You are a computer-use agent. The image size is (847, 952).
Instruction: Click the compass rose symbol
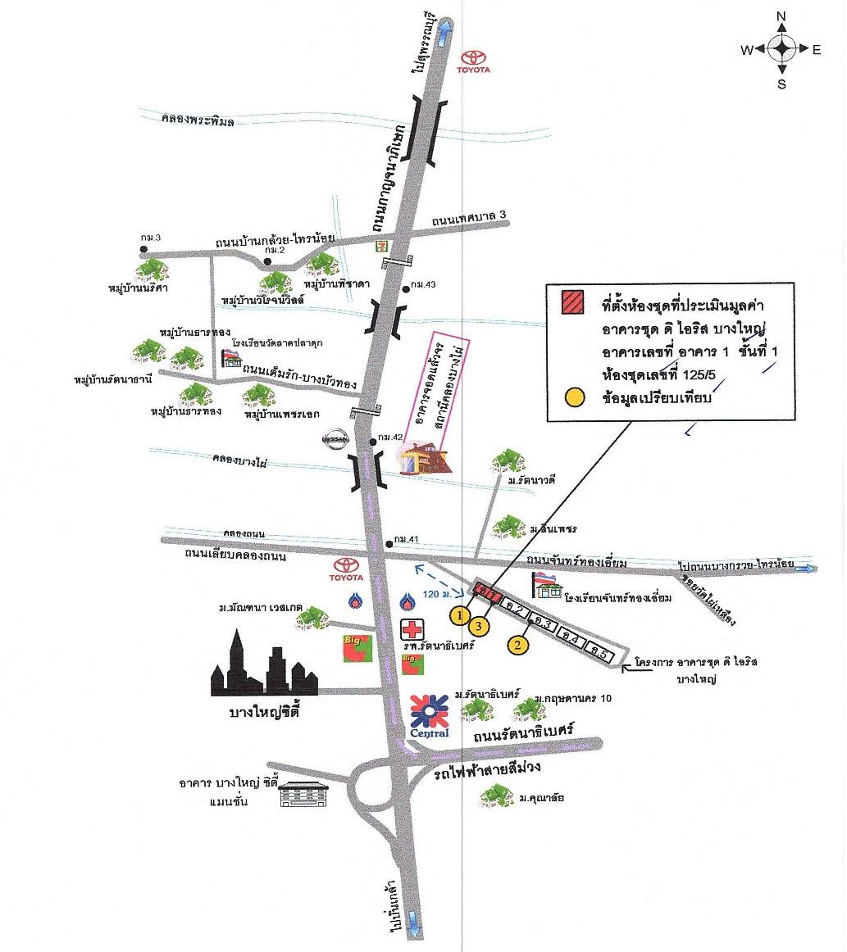781,49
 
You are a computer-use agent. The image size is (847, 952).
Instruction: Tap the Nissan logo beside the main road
336,439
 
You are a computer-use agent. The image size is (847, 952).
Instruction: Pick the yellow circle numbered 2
517,645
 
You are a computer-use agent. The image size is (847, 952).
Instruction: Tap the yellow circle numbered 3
480,626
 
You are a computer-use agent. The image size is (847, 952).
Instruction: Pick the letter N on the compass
781,16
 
